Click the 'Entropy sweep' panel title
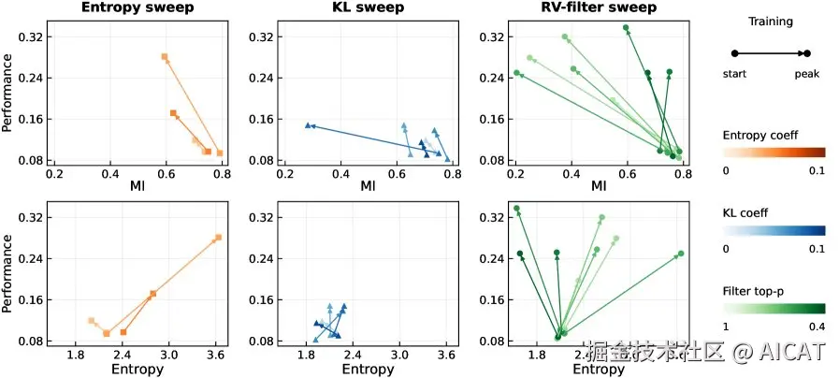(x=137, y=7)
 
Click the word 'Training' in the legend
(x=770, y=22)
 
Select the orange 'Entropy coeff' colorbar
(x=773, y=153)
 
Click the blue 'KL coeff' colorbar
(x=773, y=230)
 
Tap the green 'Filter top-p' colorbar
(x=773, y=308)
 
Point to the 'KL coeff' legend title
(x=745, y=212)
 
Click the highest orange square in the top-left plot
(x=165, y=57)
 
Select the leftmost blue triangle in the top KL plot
(x=307, y=125)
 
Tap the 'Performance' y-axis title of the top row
(x=8, y=94)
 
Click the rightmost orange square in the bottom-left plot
(x=218, y=238)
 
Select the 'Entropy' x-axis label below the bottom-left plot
(x=137, y=370)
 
